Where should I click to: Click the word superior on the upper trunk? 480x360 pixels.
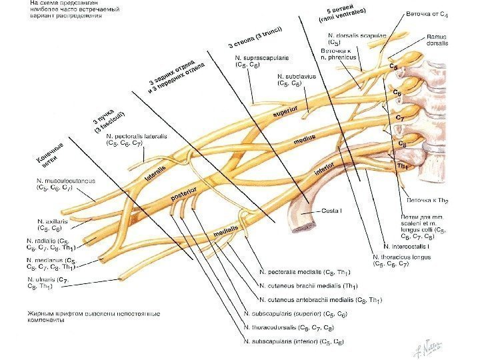(x=285, y=113)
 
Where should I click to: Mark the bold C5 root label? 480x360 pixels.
(x=394, y=67)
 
